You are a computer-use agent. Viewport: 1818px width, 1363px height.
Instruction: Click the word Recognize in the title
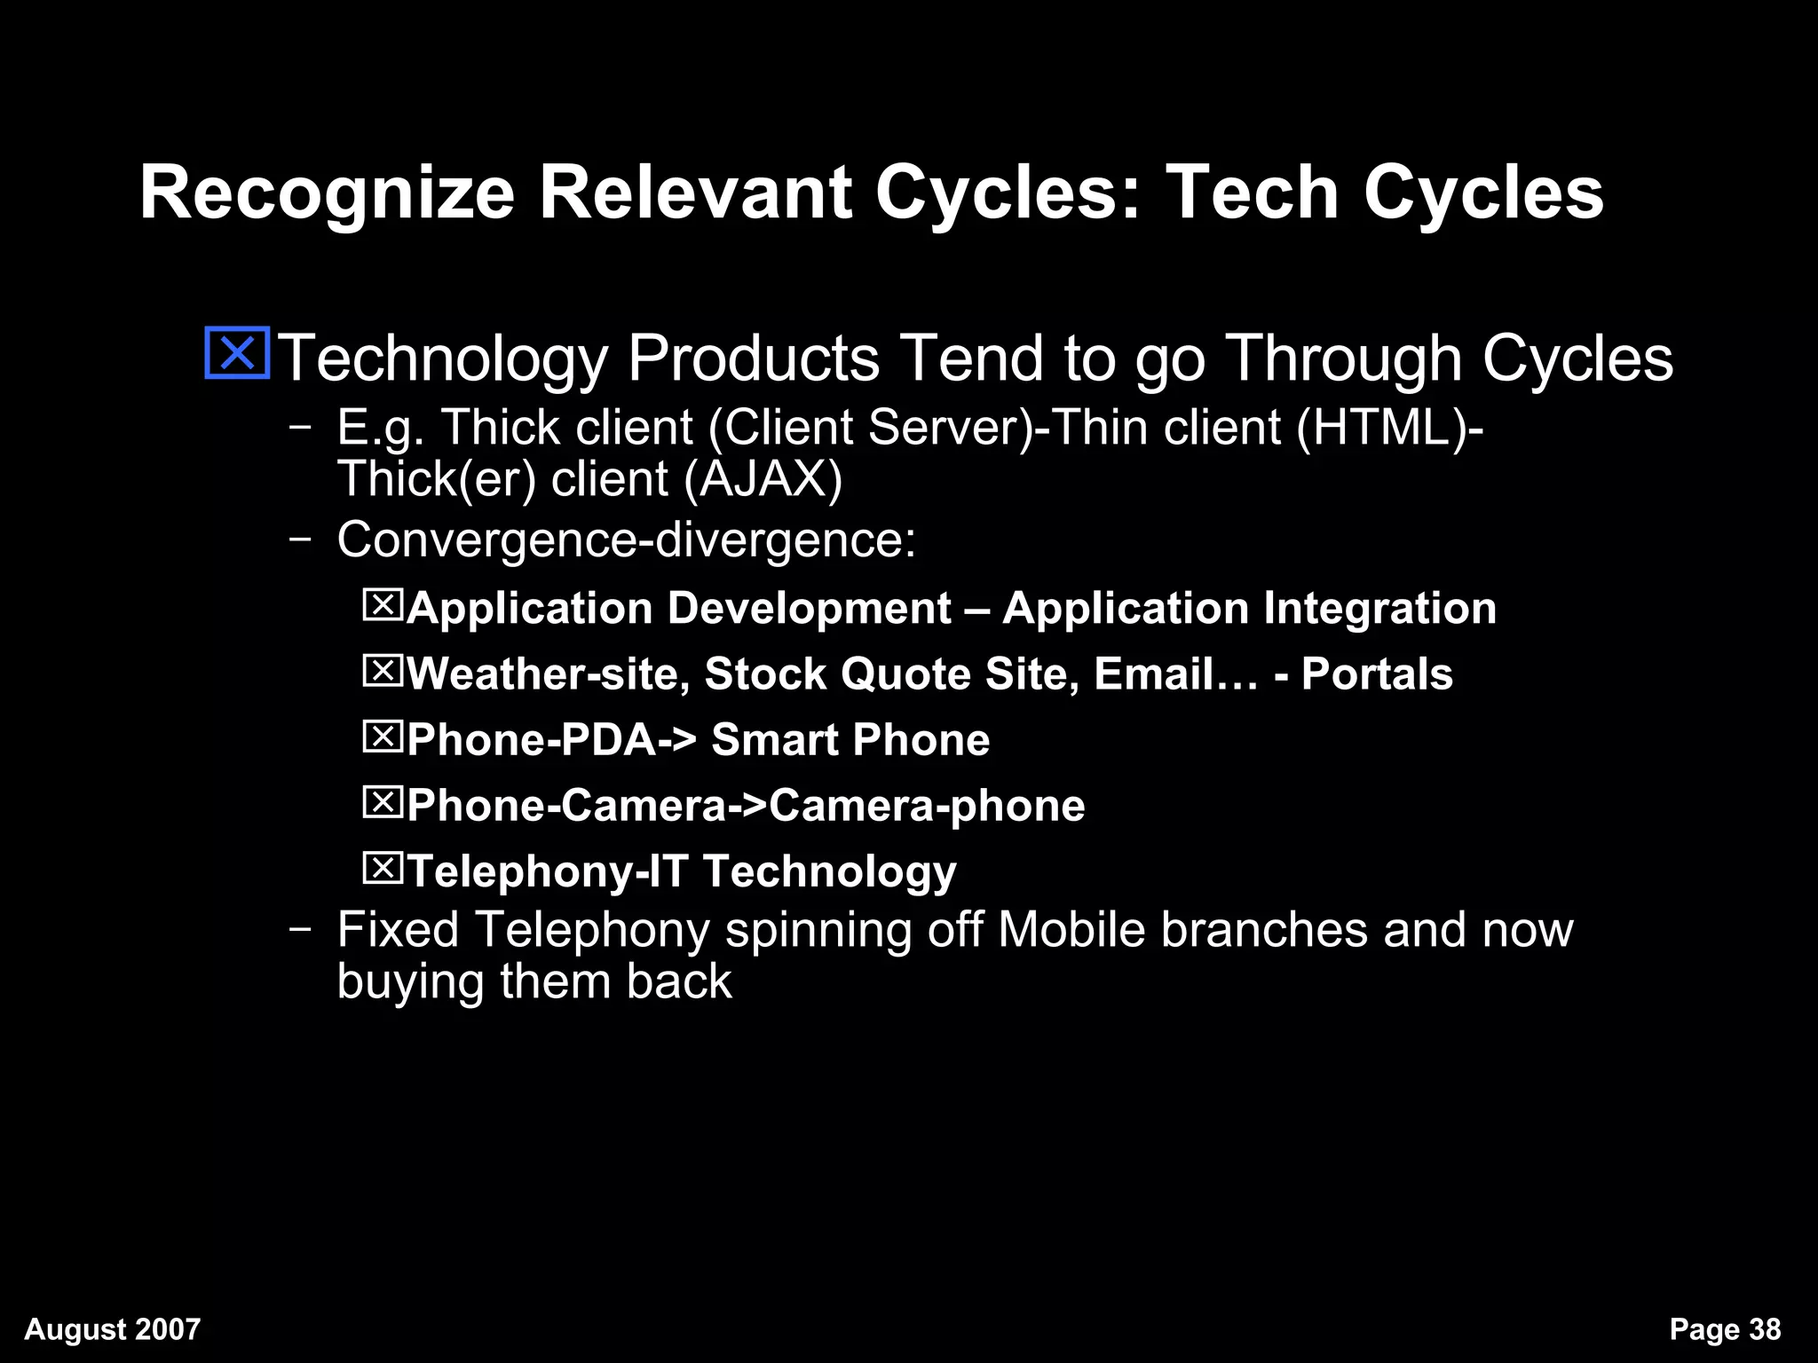327,193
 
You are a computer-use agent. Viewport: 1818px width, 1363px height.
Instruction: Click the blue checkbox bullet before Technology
237,354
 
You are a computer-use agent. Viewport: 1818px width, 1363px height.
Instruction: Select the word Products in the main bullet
753,358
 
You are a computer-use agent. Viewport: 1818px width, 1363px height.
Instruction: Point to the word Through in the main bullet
1343,358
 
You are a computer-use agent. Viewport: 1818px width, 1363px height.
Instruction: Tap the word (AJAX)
763,479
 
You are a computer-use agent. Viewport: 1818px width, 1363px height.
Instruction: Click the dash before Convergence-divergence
300,539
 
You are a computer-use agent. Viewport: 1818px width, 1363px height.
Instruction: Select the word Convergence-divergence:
626,540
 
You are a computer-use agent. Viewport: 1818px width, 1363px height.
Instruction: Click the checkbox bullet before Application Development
383,606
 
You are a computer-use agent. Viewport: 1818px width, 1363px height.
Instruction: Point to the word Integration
1379,609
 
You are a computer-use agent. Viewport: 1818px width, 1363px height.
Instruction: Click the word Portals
1377,674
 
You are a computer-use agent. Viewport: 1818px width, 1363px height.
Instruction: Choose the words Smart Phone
850,740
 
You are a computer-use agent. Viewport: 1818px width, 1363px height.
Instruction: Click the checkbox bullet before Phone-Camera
383,803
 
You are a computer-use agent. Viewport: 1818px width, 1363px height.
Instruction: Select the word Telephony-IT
547,871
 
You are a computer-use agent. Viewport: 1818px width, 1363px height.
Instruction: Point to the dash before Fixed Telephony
300,929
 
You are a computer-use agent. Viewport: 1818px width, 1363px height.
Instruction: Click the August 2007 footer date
113,1329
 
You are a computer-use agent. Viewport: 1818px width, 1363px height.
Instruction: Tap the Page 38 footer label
1724,1329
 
